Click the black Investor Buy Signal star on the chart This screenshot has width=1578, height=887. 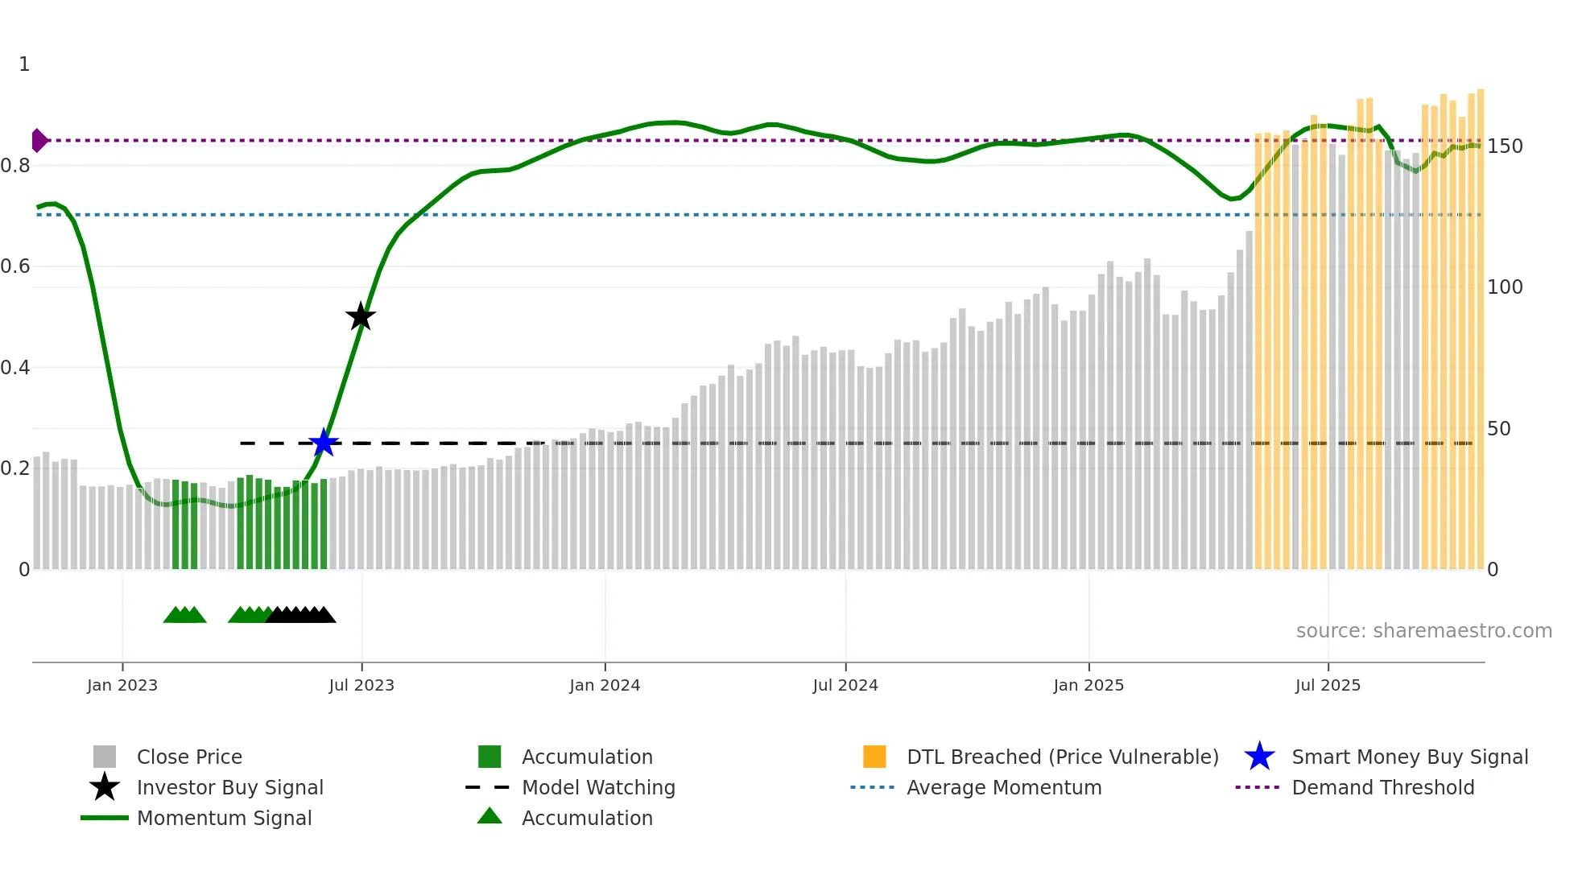[x=361, y=316]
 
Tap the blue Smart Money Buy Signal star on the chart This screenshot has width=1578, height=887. [x=324, y=443]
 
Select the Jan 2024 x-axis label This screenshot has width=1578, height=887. [x=605, y=685]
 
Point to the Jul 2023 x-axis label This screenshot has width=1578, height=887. [x=361, y=685]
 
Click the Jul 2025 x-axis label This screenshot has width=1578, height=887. [x=1328, y=685]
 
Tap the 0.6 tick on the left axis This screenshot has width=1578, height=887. [x=15, y=266]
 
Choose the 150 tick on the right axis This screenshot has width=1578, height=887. [x=1505, y=146]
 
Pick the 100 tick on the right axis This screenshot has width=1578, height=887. [x=1505, y=287]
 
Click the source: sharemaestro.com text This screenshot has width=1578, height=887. [x=1423, y=631]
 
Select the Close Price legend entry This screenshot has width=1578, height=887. [x=189, y=757]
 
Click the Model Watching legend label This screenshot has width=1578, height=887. [x=598, y=787]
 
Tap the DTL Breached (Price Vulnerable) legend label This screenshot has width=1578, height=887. [x=1062, y=757]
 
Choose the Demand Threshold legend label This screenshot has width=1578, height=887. [x=1382, y=787]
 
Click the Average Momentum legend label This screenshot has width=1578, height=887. [x=1004, y=787]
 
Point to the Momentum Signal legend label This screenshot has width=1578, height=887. [x=224, y=818]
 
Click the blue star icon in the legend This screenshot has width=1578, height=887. [x=1259, y=757]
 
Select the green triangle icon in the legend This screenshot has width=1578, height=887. [x=490, y=816]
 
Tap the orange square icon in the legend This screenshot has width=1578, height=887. [x=874, y=757]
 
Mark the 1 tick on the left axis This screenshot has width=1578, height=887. [x=24, y=64]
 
